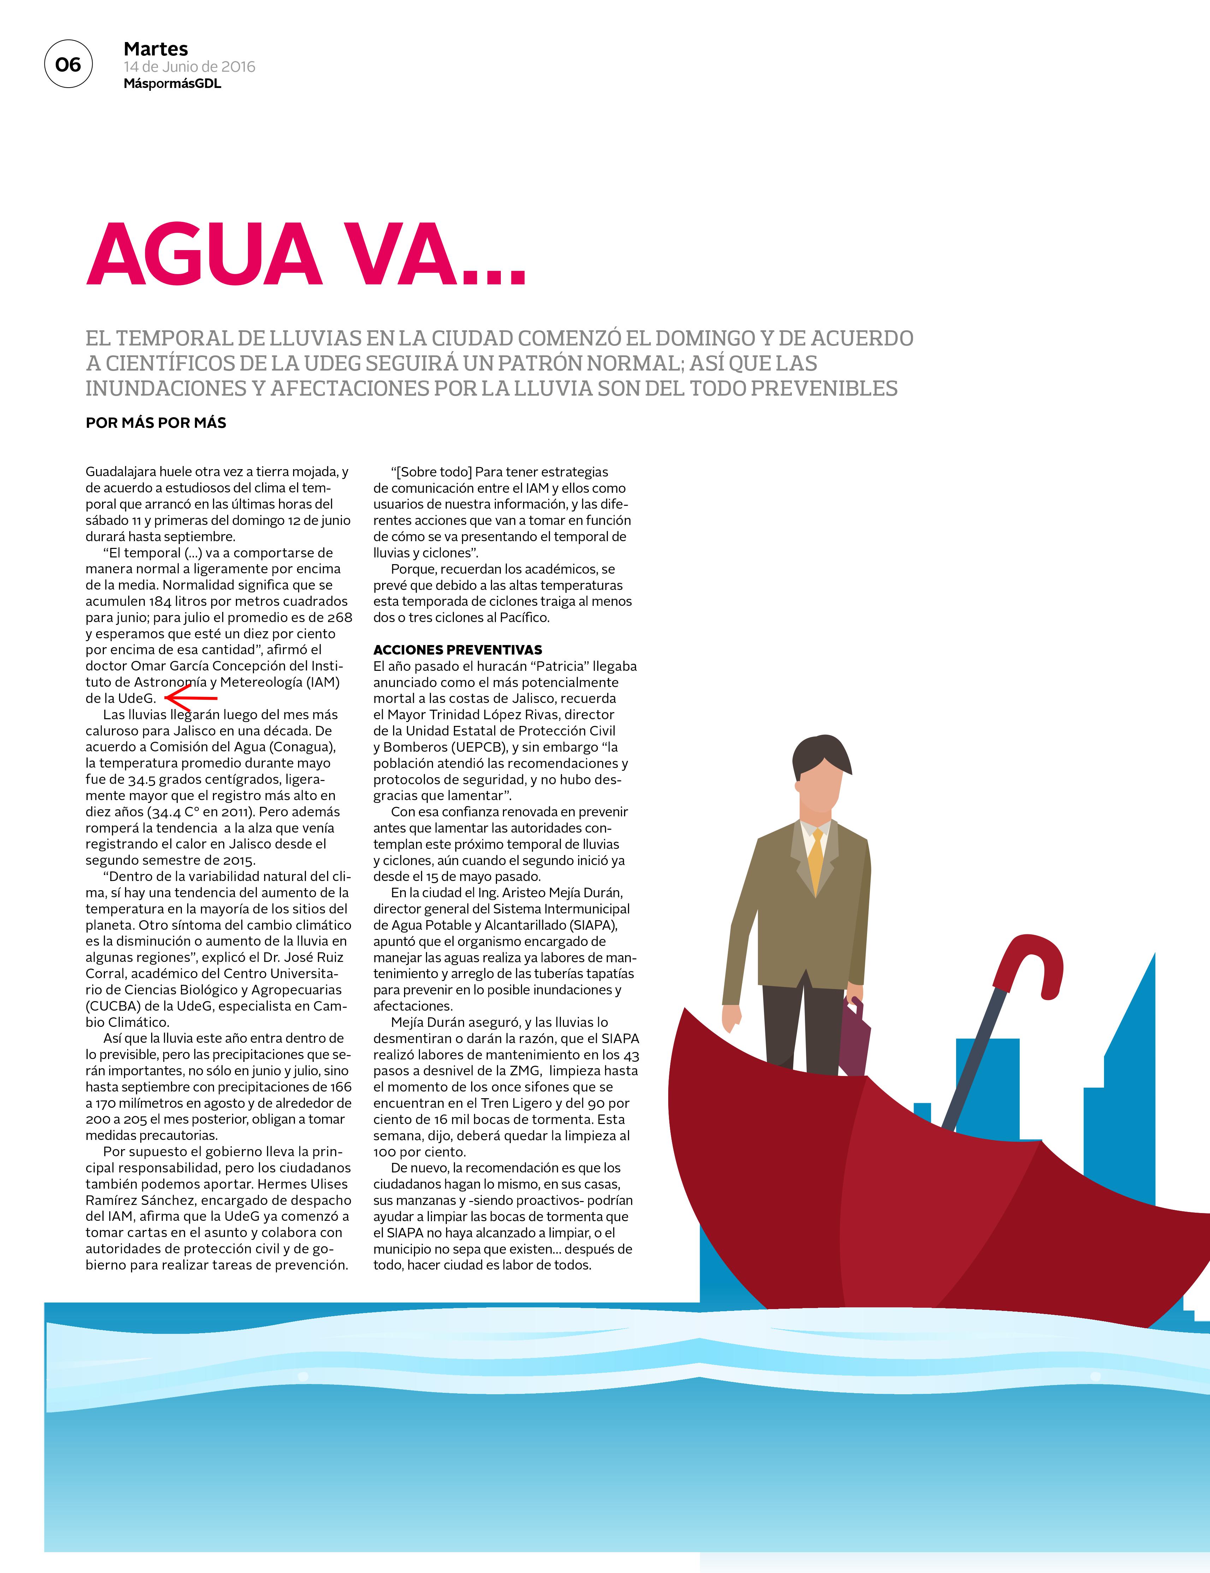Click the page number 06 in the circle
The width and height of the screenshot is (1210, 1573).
(69, 65)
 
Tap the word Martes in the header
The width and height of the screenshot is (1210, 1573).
(155, 49)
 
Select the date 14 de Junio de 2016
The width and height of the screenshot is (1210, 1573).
(189, 67)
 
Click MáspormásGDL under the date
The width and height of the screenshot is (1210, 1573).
(172, 84)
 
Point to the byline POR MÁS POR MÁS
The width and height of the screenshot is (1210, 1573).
(155, 423)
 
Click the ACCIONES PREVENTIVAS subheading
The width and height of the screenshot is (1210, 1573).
(457, 650)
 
